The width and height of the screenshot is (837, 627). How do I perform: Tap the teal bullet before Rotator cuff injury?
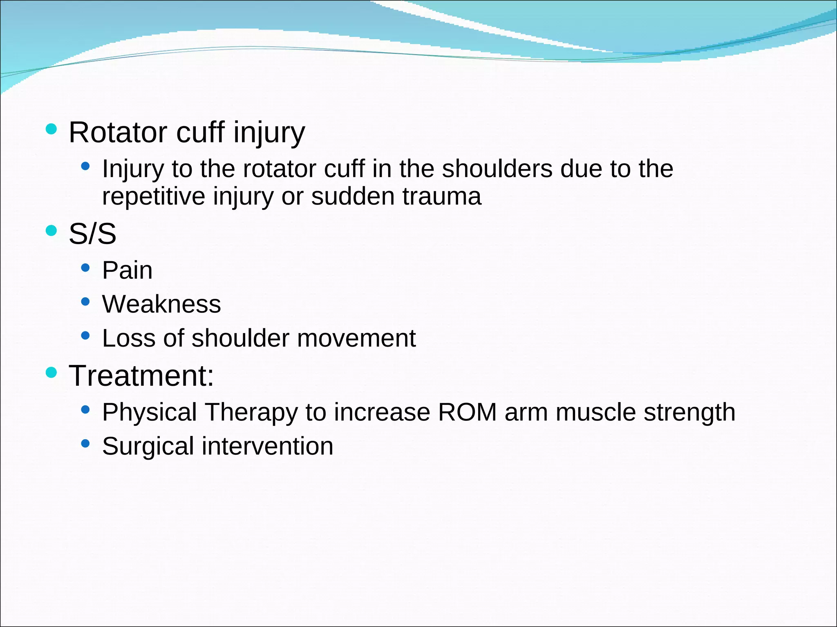coord(51,129)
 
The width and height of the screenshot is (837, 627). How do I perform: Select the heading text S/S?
coord(92,234)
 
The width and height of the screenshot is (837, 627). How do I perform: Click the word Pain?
coord(127,270)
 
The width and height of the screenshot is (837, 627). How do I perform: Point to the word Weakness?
coord(161,304)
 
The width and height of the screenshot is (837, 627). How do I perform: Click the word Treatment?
coord(141,376)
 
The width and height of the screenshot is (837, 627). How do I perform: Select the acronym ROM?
coord(467,412)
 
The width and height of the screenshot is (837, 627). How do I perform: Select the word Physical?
coord(150,412)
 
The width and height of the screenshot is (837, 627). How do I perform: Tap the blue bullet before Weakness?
coord(85,302)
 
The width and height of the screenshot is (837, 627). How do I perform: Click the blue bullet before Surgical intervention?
coord(85,443)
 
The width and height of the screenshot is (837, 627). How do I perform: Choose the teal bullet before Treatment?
coord(51,372)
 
